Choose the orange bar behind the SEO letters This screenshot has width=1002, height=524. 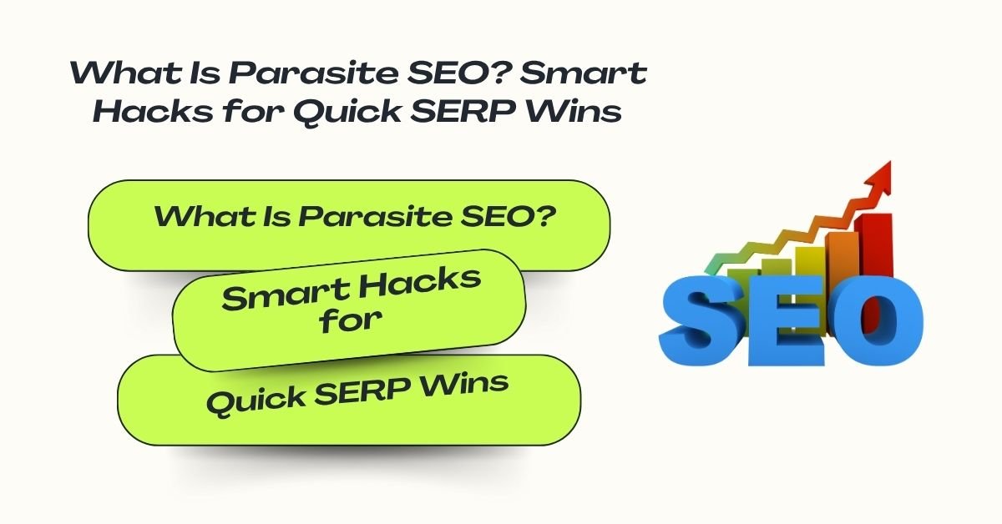click(843, 263)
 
